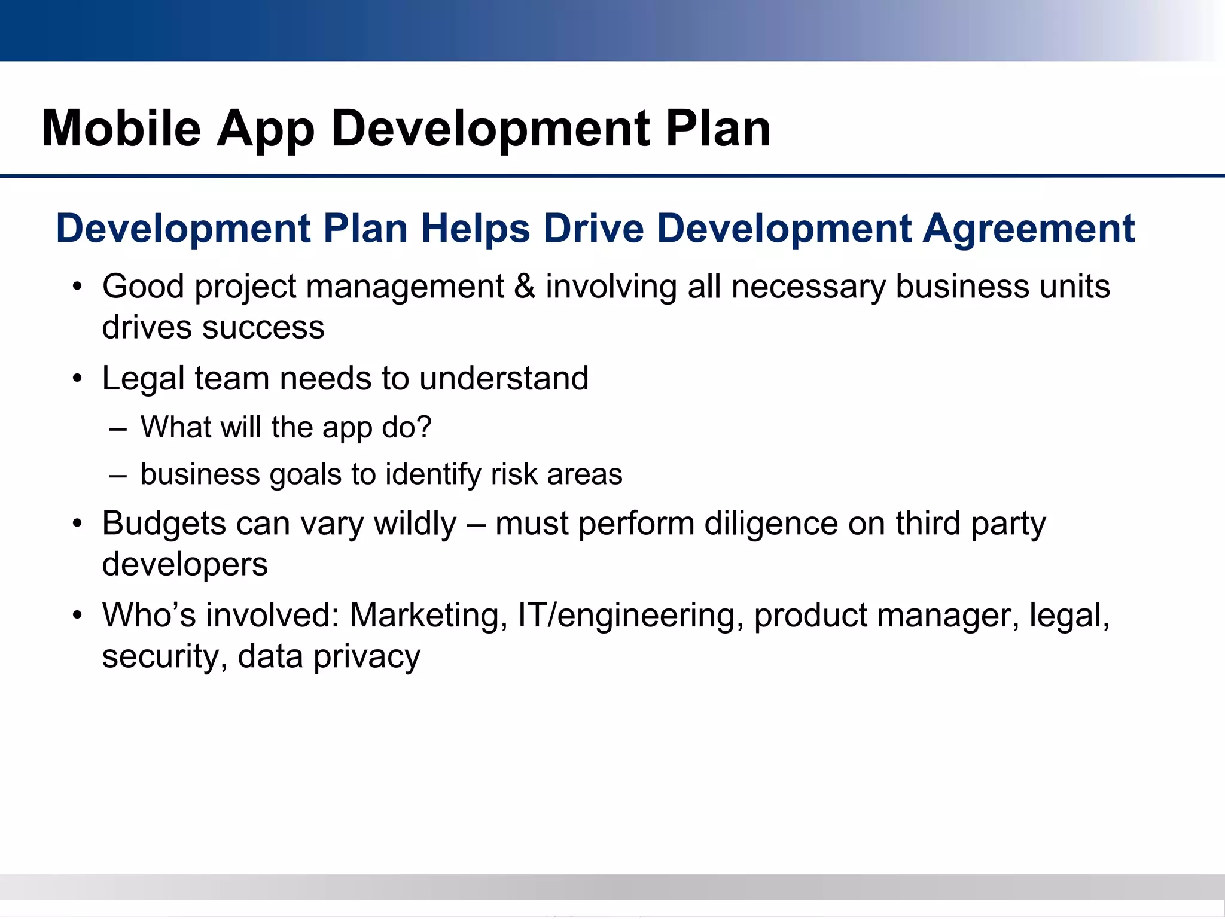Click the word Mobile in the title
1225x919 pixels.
pos(121,129)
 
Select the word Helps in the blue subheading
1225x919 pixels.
pos(475,229)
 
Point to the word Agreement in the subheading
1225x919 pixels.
pos(1028,229)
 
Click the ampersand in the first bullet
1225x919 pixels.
pos(525,286)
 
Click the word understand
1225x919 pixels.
pos(504,378)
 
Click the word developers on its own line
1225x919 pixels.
pos(185,564)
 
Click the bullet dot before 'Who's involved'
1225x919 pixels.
pos(77,616)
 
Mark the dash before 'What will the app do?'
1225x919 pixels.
pos(118,428)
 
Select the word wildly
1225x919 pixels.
pos(415,524)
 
